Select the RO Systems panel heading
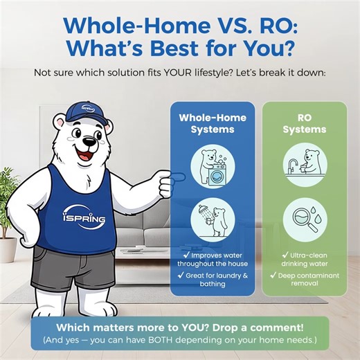click(304, 123)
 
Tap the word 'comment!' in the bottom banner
click(274, 326)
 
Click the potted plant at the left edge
click(8, 208)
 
